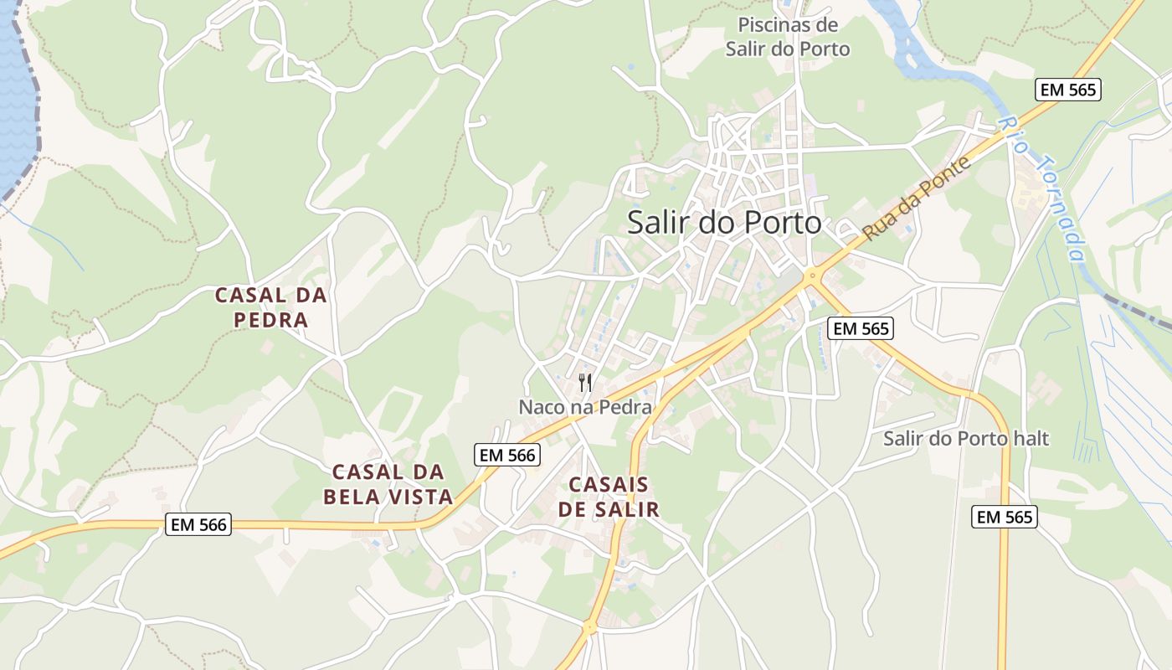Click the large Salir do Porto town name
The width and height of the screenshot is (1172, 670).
(724, 223)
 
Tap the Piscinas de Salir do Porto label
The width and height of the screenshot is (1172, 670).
(788, 36)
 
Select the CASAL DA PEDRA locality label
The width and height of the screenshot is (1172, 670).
(270, 307)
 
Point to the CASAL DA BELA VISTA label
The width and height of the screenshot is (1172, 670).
(388, 484)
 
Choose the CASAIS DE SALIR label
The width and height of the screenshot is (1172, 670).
(614, 497)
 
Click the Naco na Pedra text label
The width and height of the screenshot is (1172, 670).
(585, 407)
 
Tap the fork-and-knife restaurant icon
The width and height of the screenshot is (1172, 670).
(586, 383)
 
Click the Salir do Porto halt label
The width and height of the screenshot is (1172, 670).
(965, 438)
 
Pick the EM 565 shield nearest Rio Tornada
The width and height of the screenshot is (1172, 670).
(1067, 90)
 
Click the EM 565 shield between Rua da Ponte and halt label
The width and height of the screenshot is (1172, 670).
(861, 329)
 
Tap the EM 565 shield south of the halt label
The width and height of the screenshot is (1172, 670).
(1005, 517)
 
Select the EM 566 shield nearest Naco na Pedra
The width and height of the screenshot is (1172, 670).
(507, 455)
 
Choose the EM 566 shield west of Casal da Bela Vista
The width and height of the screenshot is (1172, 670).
(198, 524)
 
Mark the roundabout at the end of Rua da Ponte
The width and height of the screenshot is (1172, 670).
(811, 276)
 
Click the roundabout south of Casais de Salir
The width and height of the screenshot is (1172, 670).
(589, 626)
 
